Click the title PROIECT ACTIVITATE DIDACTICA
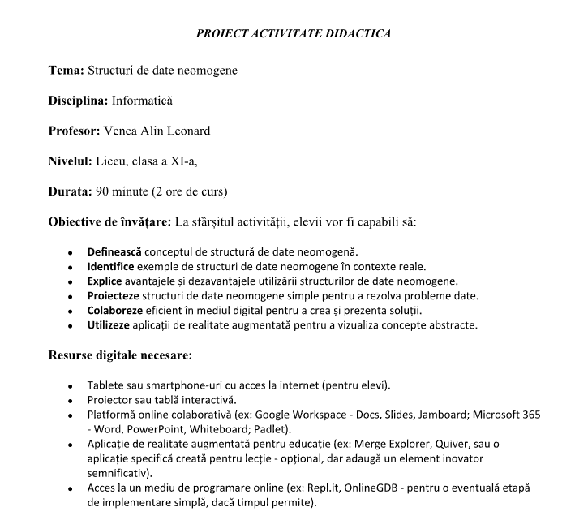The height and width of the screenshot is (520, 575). click(x=294, y=34)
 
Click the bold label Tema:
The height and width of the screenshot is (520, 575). click(x=66, y=71)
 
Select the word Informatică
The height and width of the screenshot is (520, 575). click(x=142, y=101)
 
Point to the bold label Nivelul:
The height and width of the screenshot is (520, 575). click(x=70, y=161)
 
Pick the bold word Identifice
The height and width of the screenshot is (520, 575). click(x=112, y=266)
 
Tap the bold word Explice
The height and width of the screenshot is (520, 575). click(x=105, y=281)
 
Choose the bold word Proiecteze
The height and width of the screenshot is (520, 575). click(x=114, y=295)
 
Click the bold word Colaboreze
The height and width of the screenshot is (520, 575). click(x=115, y=311)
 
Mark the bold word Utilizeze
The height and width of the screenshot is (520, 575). click(x=109, y=325)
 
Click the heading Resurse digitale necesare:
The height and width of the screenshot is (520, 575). click(x=120, y=355)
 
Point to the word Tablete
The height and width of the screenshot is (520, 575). click(x=105, y=385)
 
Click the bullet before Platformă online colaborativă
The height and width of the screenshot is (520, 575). click(x=71, y=415)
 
